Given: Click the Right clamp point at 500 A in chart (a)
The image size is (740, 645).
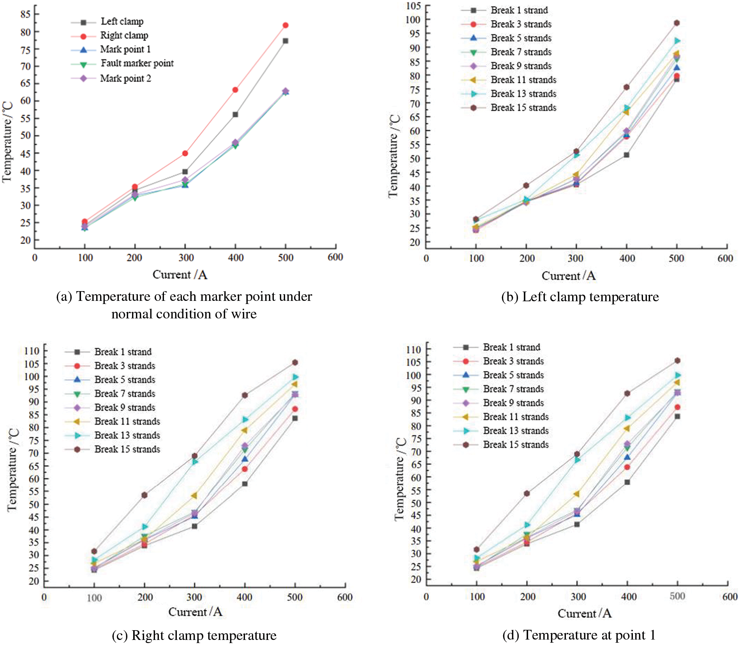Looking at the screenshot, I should pyautogui.click(x=285, y=25).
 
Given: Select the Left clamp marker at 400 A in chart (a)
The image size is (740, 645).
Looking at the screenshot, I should pyautogui.click(x=235, y=115).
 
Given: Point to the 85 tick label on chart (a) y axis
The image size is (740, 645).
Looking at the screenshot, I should pyautogui.click(x=25, y=14).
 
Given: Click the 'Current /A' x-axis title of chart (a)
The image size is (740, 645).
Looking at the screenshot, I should pyautogui.click(x=180, y=275).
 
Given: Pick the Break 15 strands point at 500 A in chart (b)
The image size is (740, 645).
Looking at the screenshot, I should pyautogui.click(x=677, y=23).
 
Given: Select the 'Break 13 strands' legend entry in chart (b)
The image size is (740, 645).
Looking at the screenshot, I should pyautogui.click(x=523, y=94).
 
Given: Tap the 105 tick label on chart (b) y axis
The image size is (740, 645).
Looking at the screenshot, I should pyautogui.click(x=413, y=6).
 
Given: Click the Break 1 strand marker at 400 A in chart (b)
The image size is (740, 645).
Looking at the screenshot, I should pyautogui.click(x=626, y=155).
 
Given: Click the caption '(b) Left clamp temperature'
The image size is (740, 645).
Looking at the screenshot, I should pyautogui.click(x=580, y=297).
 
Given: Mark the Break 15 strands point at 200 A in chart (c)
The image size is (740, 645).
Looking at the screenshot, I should pyautogui.click(x=144, y=495).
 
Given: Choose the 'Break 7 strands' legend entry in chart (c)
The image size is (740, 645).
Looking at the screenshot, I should pyautogui.click(x=125, y=394).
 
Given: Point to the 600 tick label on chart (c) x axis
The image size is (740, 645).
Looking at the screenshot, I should pyautogui.click(x=345, y=597).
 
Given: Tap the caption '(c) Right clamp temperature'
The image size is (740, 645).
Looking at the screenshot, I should pyautogui.click(x=194, y=635).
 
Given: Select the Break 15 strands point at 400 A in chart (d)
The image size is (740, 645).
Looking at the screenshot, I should pyautogui.click(x=627, y=394).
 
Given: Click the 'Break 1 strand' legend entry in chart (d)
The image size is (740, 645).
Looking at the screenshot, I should pyautogui.click(x=511, y=347).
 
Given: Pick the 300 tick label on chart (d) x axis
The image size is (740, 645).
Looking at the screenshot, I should pyautogui.click(x=578, y=597).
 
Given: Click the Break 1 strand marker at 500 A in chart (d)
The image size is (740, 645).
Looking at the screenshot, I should pyautogui.click(x=678, y=417).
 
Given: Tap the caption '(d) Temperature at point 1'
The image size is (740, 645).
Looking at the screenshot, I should pyautogui.click(x=579, y=635).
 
